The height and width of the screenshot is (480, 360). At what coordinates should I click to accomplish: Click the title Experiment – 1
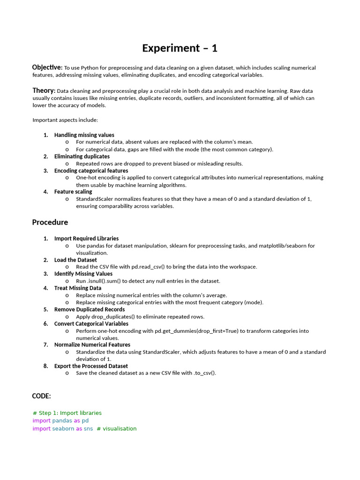click(180, 48)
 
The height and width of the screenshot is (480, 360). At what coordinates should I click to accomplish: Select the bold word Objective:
click(47, 67)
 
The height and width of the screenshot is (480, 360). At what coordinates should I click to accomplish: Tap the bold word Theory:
click(44, 90)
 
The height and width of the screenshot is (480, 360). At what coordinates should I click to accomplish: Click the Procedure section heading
click(50, 222)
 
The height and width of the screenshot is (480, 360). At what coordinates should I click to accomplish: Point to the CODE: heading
click(41, 396)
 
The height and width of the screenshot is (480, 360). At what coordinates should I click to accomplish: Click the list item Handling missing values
click(84, 135)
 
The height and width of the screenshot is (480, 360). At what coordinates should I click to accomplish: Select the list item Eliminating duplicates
click(82, 157)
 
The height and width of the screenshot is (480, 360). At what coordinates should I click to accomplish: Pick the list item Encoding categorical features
click(91, 171)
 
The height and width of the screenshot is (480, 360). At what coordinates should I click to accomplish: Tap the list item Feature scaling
click(73, 192)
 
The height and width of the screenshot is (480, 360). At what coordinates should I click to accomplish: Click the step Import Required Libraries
click(86, 239)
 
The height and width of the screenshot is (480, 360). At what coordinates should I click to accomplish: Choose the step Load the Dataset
click(75, 260)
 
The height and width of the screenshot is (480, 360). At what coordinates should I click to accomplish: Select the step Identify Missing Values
click(83, 274)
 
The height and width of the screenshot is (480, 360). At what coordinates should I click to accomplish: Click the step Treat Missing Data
click(77, 288)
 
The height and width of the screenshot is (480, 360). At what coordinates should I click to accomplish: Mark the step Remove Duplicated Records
click(89, 309)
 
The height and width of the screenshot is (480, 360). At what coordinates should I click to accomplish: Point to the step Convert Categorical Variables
click(91, 323)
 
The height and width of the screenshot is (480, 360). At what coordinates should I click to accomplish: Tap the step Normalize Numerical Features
click(92, 345)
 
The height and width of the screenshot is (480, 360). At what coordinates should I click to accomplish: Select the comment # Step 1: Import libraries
click(67, 413)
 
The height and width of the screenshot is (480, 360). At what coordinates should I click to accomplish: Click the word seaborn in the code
click(63, 428)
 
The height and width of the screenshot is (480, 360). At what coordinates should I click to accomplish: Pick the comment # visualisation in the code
click(117, 428)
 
